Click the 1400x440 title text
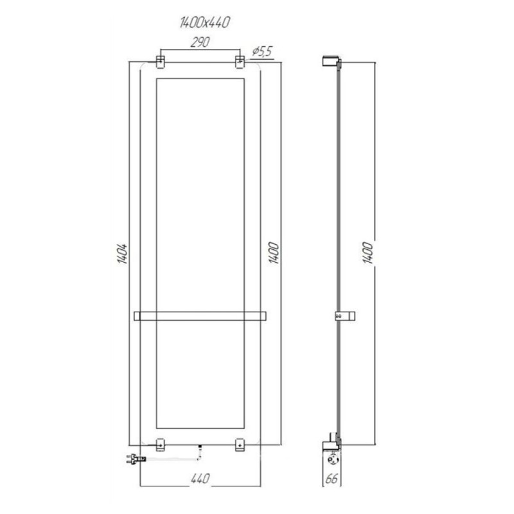[205, 22]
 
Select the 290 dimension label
[200, 42]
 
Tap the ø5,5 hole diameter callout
[262, 52]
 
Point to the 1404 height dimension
[122, 254]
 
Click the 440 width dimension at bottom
[200, 478]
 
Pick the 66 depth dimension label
[332, 479]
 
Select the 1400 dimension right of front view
[274, 253]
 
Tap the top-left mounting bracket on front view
[160, 62]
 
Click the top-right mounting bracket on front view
[240, 62]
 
